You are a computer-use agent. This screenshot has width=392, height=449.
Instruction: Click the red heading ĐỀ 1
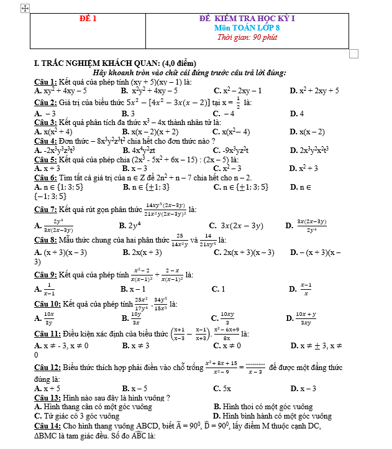88,19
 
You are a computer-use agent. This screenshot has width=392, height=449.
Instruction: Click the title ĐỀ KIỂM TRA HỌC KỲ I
247,19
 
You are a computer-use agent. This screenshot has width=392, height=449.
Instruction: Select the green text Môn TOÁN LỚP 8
247,28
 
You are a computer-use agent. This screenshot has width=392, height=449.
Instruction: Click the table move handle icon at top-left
25,8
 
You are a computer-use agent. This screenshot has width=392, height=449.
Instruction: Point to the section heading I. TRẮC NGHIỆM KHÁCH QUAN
115,63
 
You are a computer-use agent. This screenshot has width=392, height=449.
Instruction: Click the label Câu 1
45,81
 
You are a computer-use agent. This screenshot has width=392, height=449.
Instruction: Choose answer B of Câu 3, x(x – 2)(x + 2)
150,131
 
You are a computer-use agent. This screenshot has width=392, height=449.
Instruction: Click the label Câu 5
45,159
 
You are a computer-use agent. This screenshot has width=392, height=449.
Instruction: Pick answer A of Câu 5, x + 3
47,168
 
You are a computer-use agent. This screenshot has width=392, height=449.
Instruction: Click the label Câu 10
47,303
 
